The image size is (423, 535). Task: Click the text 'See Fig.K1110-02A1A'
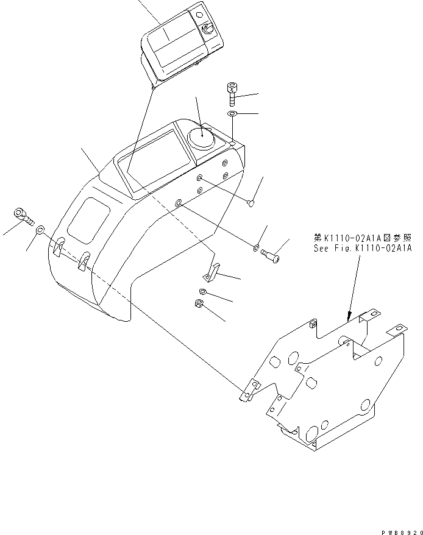coord(363,249)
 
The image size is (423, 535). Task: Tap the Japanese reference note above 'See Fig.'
coord(363,238)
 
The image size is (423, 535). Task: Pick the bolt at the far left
coord(22,214)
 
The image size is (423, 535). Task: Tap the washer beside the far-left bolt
coord(40,230)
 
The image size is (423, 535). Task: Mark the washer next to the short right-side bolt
coord(255,248)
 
